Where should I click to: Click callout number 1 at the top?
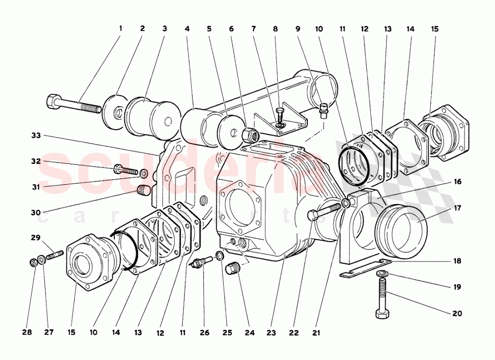pos(120,28)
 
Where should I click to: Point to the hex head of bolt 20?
pos(381,314)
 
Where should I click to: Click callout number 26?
pos(204,333)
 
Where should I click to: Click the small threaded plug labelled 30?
pos(143,191)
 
